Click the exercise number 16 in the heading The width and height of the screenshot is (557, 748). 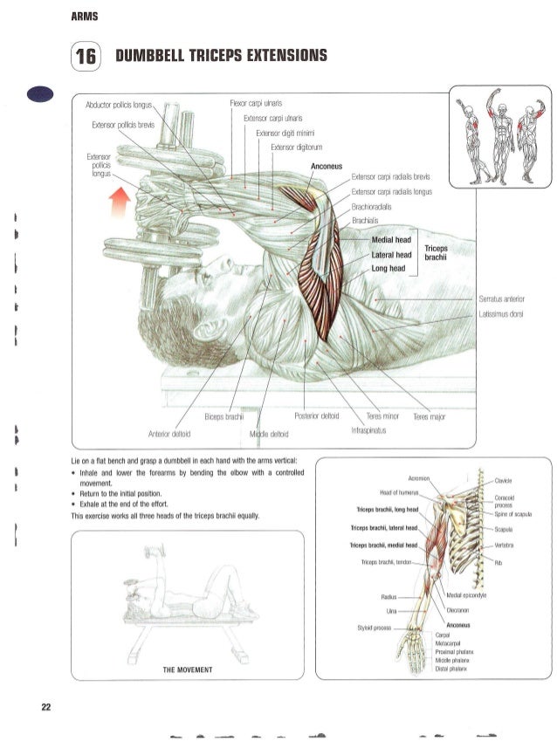pyautogui.click(x=86, y=57)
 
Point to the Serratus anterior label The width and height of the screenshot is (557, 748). pyautogui.click(x=502, y=299)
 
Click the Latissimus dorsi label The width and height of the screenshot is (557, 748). pyautogui.click(x=499, y=314)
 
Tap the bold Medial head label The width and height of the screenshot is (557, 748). pyautogui.click(x=391, y=240)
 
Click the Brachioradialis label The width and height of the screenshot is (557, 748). pyautogui.click(x=371, y=207)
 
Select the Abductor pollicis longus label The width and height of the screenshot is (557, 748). pyautogui.click(x=120, y=105)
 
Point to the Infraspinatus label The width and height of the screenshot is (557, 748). pyautogui.click(x=368, y=430)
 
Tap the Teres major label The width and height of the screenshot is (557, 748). pyautogui.click(x=430, y=416)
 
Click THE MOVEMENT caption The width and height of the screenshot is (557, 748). pyautogui.click(x=189, y=669)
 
